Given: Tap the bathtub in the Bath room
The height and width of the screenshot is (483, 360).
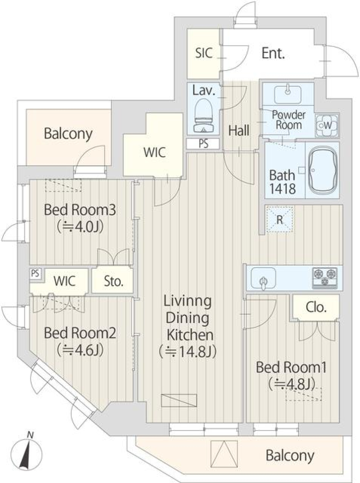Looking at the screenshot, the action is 322,170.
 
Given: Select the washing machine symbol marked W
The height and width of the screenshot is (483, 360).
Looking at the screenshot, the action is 327,125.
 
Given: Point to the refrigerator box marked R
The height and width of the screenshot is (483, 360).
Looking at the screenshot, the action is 280,219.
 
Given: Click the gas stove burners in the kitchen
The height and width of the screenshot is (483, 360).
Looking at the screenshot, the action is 324,278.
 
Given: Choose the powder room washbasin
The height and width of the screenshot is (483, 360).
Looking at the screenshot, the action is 288,95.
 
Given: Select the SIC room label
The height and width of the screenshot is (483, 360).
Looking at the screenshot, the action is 204,53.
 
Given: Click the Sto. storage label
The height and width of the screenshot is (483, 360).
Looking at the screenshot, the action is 114,281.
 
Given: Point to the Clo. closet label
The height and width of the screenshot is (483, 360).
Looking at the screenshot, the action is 316,307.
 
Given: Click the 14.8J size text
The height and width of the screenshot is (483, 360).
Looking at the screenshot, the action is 187,351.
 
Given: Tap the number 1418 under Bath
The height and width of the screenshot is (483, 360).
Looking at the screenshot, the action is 283,188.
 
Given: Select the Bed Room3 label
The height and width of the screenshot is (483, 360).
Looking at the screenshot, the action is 80,210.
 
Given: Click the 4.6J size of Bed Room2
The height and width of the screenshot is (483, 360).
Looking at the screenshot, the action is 80,350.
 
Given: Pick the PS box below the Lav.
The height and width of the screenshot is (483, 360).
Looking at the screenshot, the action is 203,144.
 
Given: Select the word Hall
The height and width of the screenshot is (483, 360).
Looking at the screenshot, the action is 239,131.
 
